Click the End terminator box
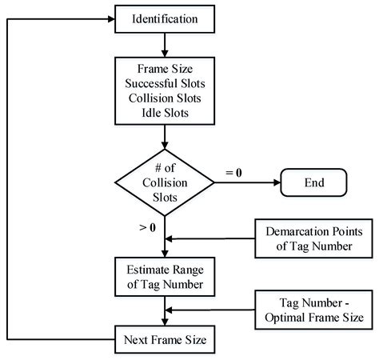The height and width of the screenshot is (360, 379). [311, 182]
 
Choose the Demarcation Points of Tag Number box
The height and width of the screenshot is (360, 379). [309, 238]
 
